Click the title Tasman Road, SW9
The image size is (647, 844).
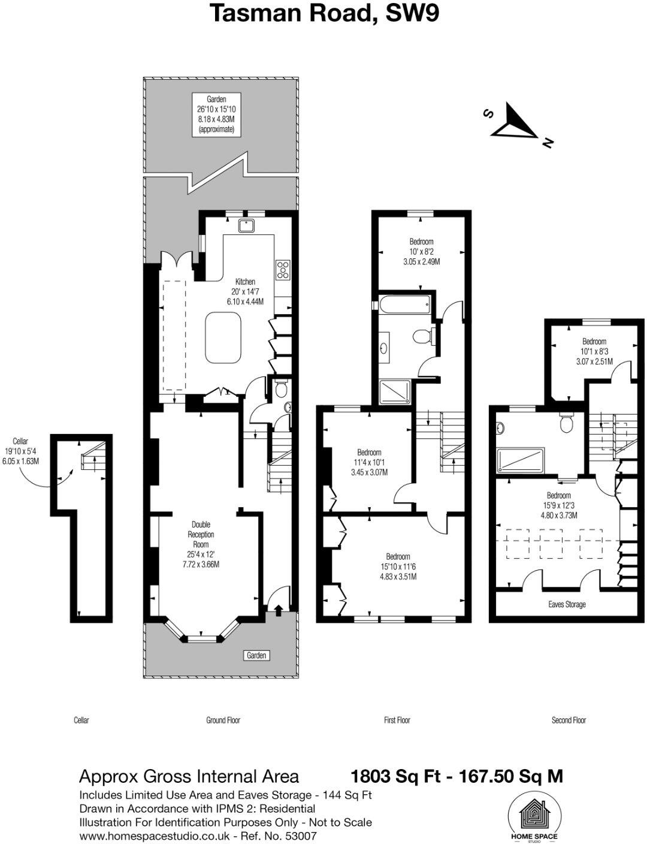[324, 13]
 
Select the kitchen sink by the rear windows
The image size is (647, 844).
[247, 225]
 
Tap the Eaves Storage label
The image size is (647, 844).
[567, 604]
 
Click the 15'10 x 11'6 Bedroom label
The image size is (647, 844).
[398, 566]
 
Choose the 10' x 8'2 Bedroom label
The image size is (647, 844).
[421, 252]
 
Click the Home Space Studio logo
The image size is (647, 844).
[533, 817]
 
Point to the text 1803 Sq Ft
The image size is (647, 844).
[395, 776]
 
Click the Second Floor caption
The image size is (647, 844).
[569, 720]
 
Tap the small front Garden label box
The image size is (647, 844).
[256, 655]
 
